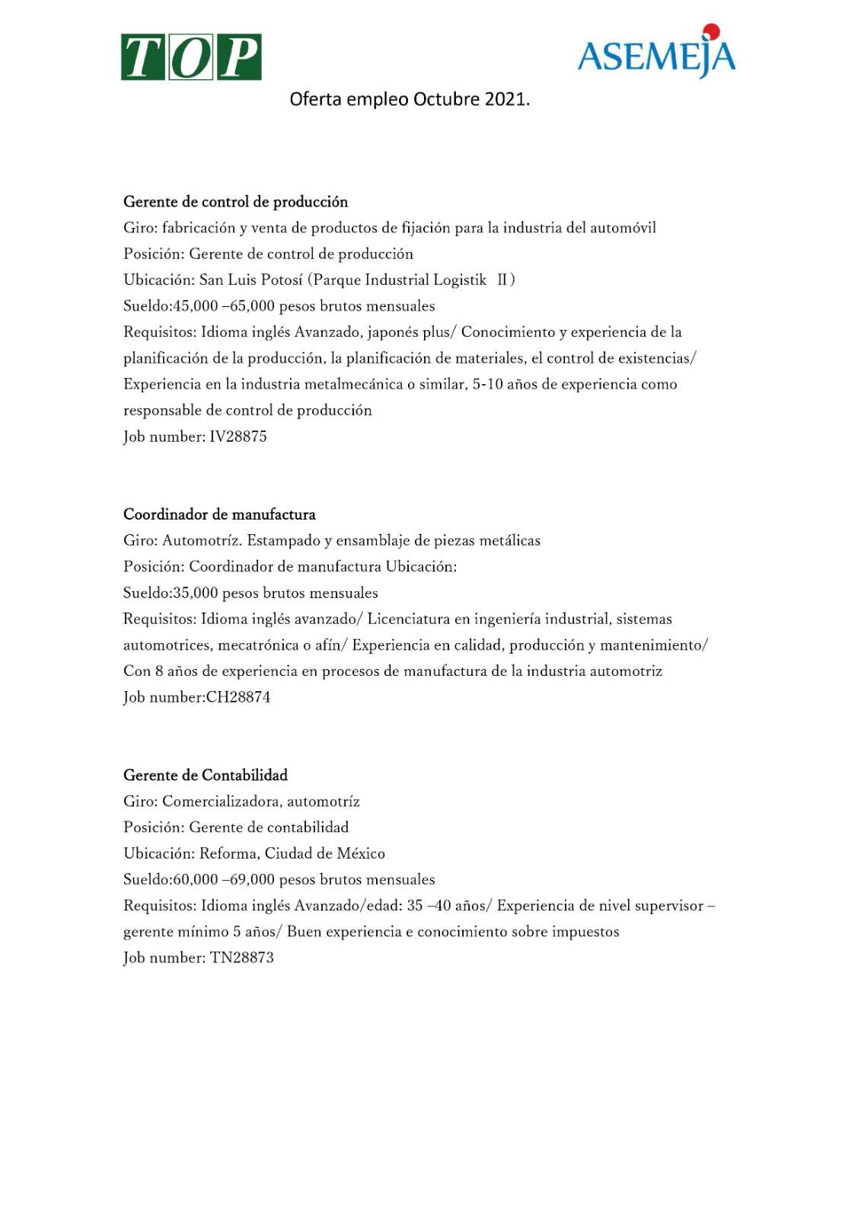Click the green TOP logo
point(191,57)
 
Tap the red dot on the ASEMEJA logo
point(711,31)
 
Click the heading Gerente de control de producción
point(235,202)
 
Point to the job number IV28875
point(238,437)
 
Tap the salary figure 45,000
point(196,306)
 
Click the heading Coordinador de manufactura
point(219,514)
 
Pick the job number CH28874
point(238,697)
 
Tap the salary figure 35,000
point(196,593)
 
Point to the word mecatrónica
point(257,645)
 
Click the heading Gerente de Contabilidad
point(206,776)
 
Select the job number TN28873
point(242,958)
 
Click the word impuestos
point(585,932)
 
